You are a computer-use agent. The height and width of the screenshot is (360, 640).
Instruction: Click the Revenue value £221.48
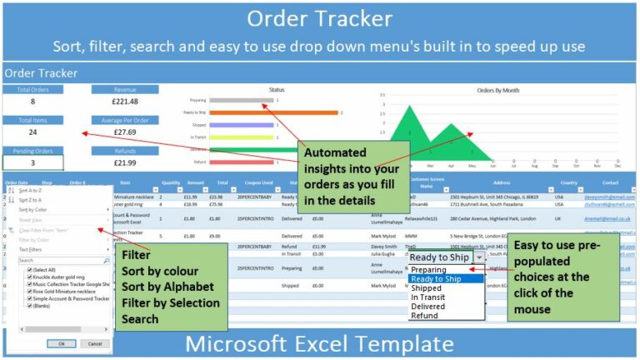click(124, 102)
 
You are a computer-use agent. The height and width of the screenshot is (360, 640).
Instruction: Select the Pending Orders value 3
click(32, 163)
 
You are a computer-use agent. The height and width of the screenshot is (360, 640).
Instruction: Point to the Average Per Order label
click(124, 120)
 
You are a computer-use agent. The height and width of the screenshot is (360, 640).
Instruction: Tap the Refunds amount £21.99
click(124, 163)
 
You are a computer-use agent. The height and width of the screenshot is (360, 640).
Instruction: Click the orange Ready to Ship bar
click(282, 112)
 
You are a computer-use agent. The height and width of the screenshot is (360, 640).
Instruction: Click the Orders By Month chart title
click(497, 89)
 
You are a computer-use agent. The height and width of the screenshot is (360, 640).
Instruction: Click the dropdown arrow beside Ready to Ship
click(478, 258)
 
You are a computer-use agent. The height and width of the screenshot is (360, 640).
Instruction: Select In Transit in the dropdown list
click(429, 297)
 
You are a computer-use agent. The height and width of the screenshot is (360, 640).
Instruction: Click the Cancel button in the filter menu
click(94, 343)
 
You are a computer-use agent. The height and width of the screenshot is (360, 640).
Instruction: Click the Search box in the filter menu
click(62, 261)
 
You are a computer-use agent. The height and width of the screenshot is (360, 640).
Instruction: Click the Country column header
click(568, 182)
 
